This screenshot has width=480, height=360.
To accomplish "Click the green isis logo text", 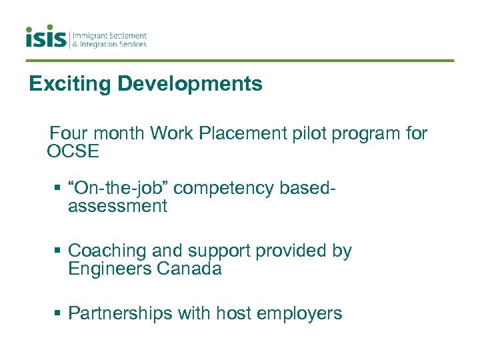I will pos(47,37).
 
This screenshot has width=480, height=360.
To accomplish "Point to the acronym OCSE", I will pos(73,151).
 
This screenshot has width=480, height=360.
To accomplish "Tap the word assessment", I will pos(117,206).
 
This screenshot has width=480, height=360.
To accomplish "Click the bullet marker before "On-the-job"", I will pos(58,189).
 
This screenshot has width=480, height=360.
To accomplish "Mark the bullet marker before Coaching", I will pos(58,251).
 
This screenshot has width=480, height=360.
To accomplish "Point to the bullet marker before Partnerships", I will pos(58,313).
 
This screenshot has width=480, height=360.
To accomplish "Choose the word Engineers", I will pos(109,269).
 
